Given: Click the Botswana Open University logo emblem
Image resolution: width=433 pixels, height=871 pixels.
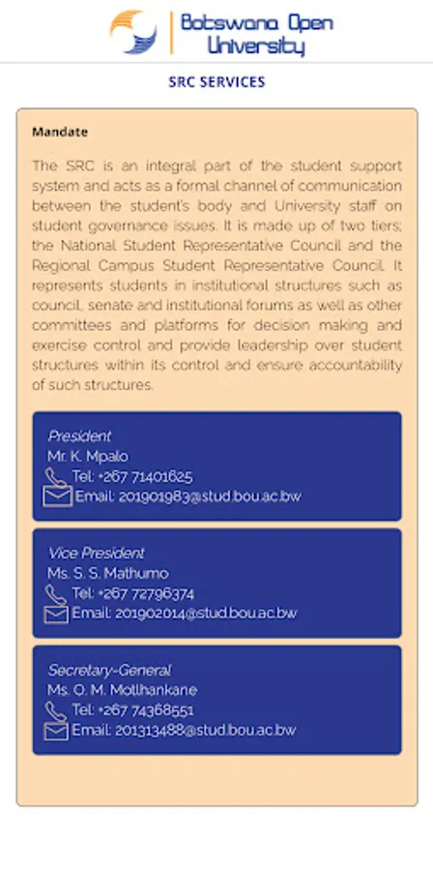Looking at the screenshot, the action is point(133,31).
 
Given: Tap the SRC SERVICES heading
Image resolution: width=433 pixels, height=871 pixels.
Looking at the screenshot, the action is point(216,82).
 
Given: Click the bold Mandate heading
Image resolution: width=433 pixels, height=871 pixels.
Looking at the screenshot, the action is point(60,132).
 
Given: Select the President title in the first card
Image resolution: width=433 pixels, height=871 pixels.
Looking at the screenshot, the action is point(79,436).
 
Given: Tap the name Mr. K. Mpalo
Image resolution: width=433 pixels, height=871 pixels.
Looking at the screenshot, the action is point(88,456).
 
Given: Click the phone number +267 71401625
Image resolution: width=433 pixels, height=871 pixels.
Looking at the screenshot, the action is point(132,476).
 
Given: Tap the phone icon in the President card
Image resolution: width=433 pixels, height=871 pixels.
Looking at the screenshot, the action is point(56,476).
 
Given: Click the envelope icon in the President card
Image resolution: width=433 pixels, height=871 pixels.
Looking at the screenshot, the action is point(57,496).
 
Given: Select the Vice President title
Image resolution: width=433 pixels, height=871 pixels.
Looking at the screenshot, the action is point(96,553).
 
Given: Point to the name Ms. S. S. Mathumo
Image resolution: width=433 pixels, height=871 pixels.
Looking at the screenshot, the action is point(107,573).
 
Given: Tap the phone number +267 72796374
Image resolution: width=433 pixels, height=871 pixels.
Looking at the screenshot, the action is point(133,593).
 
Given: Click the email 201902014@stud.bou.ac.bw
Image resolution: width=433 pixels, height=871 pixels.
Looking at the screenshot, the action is point(184,614).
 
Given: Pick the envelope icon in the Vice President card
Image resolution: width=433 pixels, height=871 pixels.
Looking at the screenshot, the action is point(57,614).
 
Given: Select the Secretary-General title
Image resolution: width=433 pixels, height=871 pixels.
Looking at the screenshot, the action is point(109,670).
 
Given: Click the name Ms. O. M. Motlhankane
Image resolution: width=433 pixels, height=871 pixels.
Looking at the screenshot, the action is point(122,690).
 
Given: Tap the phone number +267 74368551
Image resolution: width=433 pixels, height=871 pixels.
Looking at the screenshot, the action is point(133,710).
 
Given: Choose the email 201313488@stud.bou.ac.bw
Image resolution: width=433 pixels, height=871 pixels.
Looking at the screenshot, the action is point(184,731).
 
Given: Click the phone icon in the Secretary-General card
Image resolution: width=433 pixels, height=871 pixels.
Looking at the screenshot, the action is point(56,710).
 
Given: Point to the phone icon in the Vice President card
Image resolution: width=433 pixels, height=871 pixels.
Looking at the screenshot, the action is point(56,593).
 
